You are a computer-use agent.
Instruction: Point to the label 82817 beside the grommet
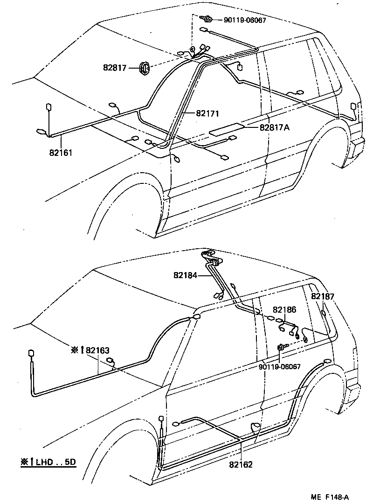coord(115,68)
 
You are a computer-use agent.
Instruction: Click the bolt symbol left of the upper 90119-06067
coord(208,19)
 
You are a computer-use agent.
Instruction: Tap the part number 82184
coord(186,275)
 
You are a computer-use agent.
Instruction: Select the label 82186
coord(284,310)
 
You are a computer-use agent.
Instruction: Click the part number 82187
coord(323,296)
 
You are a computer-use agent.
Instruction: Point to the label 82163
coord(97,350)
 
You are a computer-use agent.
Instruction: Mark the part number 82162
coord(241,464)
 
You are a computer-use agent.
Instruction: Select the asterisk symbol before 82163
coord(75,350)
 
